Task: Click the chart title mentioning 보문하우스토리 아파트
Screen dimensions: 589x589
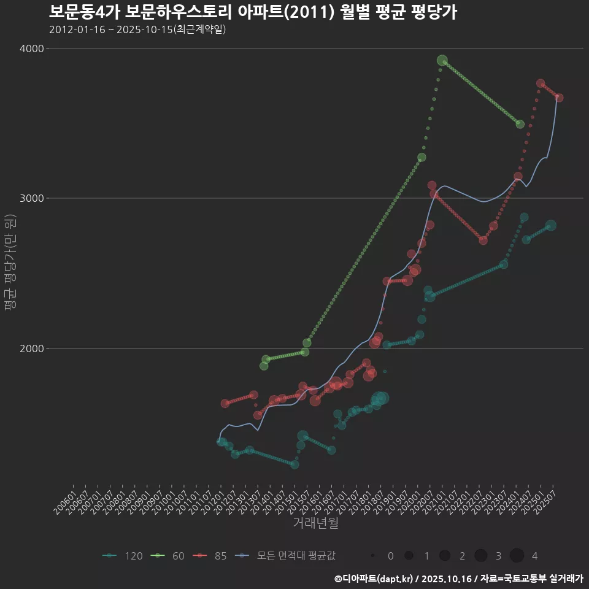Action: (x=252, y=12)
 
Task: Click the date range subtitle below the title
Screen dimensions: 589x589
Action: (x=137, y=29)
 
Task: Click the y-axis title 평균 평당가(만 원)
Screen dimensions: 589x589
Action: (x=10, y=264)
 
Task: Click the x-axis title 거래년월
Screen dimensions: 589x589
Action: (x=316, y=523)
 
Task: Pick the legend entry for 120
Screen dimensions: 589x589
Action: (x=123, y=556)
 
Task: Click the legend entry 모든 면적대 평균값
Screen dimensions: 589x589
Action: (x=285, y=556)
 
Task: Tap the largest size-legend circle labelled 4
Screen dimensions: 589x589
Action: (x=517, y=556)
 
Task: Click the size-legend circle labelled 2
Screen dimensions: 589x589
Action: (x=445, y=556)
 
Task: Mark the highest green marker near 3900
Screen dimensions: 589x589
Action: (x=442, y=60)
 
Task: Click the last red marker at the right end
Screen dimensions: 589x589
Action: (x=559, y=98)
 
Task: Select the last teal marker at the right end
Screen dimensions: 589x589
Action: (x=551, y=226)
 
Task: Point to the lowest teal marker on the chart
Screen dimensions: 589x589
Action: (x=294, y=464)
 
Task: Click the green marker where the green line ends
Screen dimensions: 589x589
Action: (x=520, y=124)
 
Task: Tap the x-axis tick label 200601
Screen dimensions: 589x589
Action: (x=65, y=502)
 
